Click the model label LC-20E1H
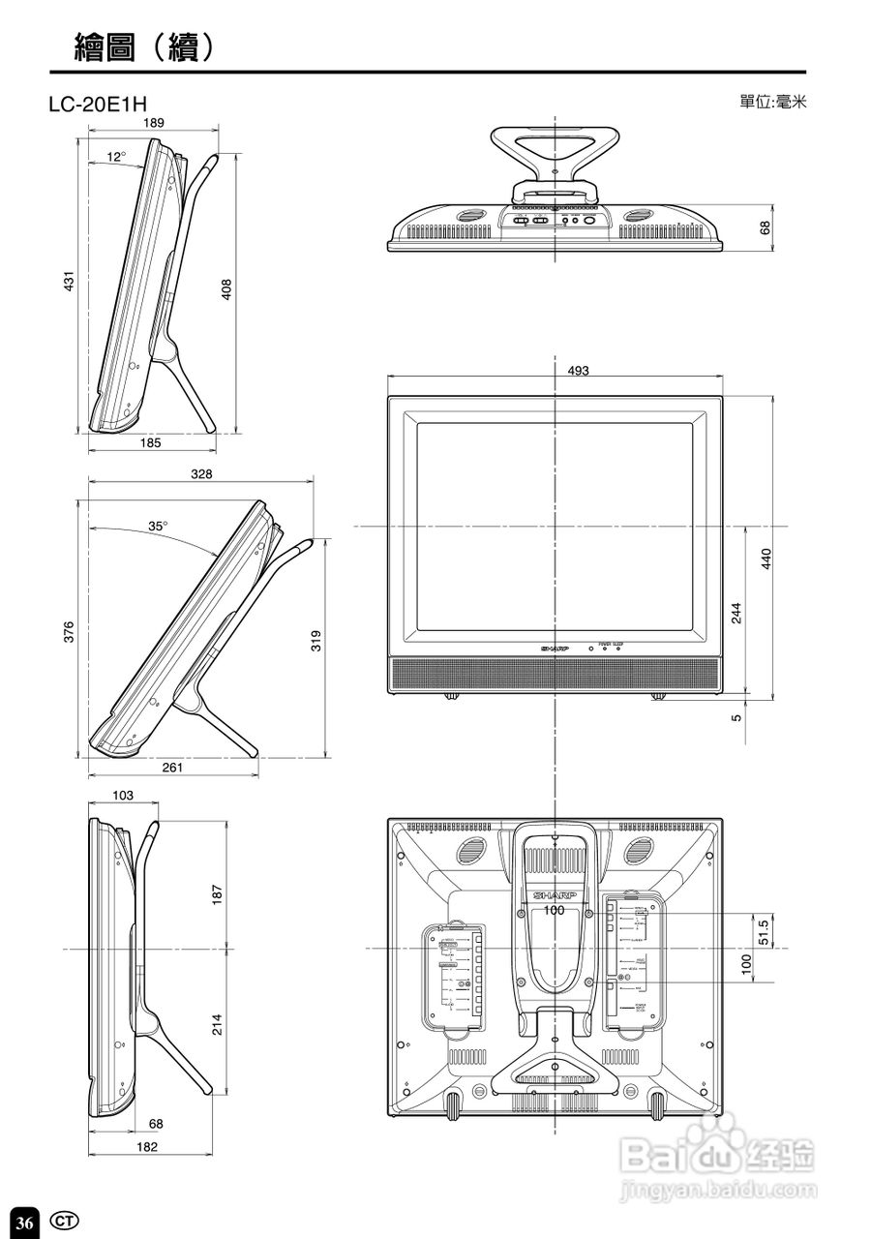[x=98, y=104]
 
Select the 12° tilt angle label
[x=116, y=157]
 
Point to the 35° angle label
[x=158, y=527]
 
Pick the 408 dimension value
[x=226, y=289]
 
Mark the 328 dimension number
[x=201, y=474]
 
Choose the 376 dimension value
[x=69, y=633]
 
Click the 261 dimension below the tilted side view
[x=171, y=768]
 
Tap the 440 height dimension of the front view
[x=766, y=559]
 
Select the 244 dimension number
[x=736, y=614]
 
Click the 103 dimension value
[x=122, y=795]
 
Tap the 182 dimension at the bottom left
[x=146, y=1147]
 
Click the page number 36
[x=25, y=1223]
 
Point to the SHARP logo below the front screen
[x=554, y=648]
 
